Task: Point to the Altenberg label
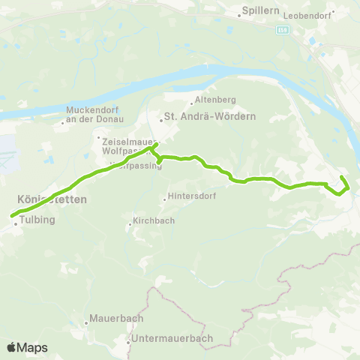pyautogui.click(x=216, y=100)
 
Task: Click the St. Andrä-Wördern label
pyautogui.click(x=210, y=117)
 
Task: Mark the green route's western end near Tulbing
pyautogui.click(x=12, y=216)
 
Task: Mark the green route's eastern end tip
pyautogui.click(x=342, y=177)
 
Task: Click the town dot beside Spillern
pyautogui.click(x=237, y=13)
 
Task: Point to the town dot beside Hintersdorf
pyautogui.click(x=165, y=199)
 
